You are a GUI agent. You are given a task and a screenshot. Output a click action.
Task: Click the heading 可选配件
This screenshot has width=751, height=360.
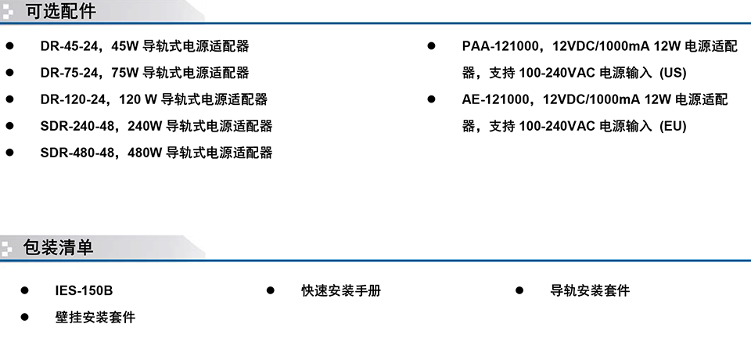[x=61, y=11]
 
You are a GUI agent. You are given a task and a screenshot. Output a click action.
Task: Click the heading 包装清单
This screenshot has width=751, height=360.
[x=58, y=247]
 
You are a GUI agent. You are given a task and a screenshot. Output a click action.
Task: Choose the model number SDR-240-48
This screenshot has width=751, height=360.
[x=77, y=126]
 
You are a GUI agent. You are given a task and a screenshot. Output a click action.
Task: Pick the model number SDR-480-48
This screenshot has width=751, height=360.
[x=77, y=153]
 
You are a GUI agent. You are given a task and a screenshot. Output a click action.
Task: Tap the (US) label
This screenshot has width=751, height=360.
[x=673, y=73]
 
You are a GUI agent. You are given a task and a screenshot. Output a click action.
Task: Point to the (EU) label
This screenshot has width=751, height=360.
[x=673, y=126]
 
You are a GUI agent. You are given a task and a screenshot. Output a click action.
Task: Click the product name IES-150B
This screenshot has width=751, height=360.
[x=84, y=290]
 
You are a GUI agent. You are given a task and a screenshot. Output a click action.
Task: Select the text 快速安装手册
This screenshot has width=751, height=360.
[x=341, y=290]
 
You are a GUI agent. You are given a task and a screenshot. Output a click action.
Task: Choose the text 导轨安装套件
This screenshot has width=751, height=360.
[x=590, y=290]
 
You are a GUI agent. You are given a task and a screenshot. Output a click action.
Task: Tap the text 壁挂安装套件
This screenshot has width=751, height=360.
[x=95, y=317]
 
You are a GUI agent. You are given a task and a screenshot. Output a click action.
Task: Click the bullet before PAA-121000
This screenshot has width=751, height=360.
[x=432, y=45]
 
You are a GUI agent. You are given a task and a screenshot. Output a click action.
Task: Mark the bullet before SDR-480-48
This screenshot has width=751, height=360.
[x=10, y=153]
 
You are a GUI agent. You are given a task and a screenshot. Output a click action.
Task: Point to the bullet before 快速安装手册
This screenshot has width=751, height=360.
[x=271, y=290]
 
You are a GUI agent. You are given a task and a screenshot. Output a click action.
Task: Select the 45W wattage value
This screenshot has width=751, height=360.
[x=125, y=46]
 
